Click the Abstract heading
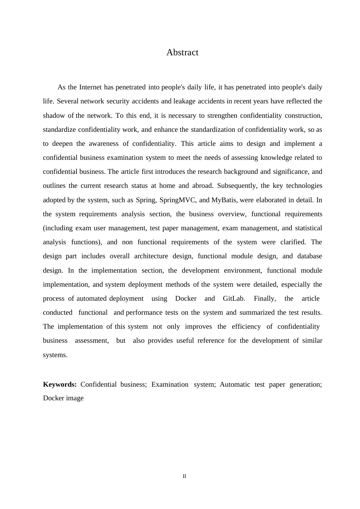(182, 52)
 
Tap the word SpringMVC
(178, 200)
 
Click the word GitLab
(234, 298)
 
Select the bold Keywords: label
(60, 384)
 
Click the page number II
(185, 476)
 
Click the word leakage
(184, 101)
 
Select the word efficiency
(246, 326)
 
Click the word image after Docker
(75, 398)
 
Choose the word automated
(92, 298)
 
